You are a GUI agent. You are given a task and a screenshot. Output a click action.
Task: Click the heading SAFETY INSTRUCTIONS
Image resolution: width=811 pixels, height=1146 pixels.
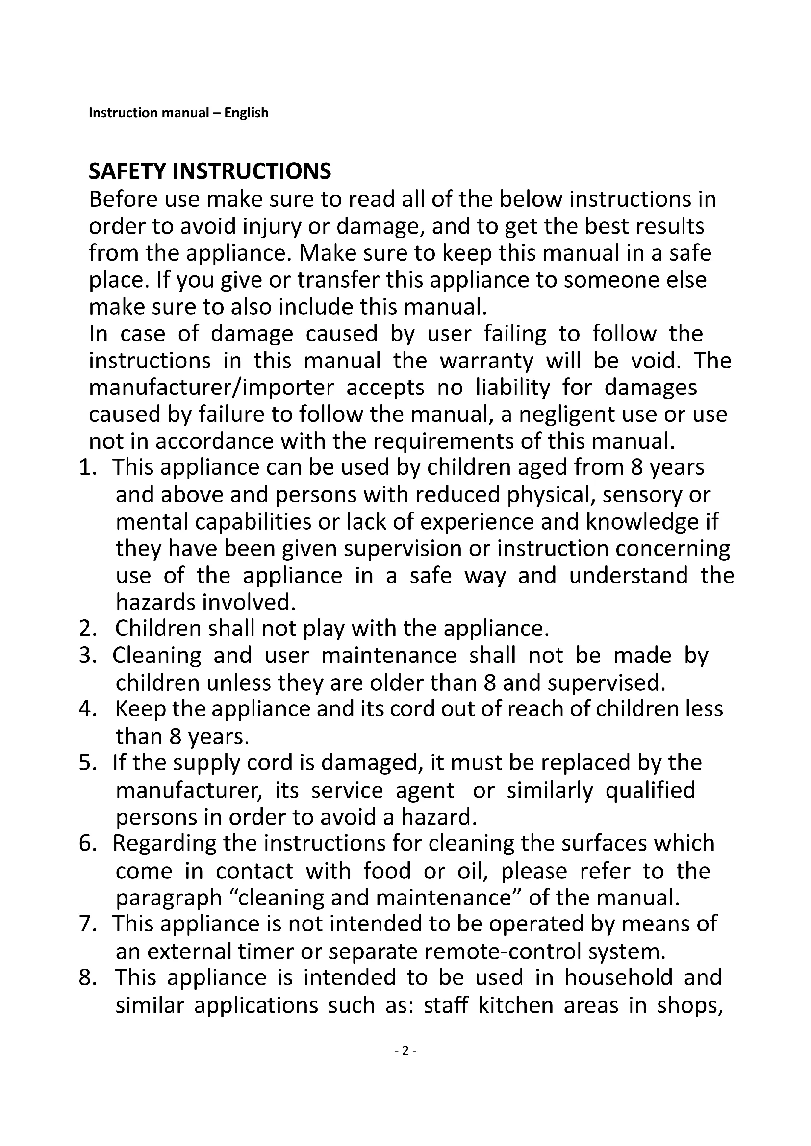click(x=210, y=171)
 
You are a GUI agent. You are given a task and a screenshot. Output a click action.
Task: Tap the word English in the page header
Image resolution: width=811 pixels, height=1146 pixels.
click(x=246, y=113)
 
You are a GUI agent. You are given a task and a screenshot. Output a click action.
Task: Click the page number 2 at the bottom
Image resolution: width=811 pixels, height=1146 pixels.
click(x=405, y=1051)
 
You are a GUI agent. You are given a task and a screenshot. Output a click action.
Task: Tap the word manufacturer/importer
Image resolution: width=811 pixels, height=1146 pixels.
click(x=211, y=388)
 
